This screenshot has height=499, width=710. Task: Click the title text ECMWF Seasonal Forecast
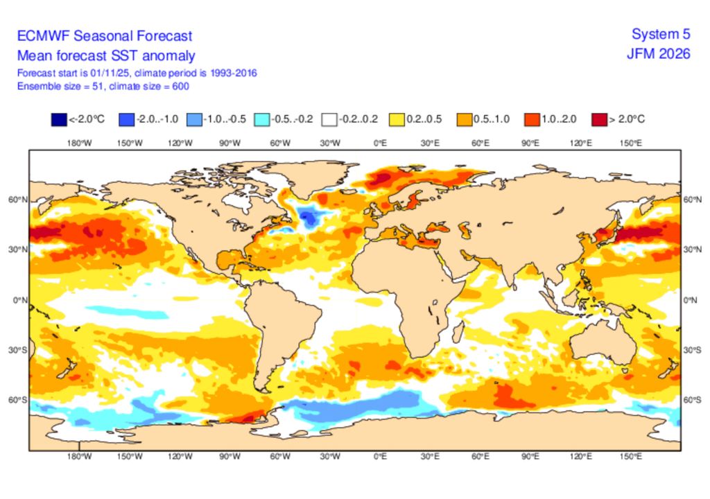105,36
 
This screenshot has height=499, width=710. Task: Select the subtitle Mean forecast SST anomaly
106,56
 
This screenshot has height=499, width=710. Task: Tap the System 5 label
661,35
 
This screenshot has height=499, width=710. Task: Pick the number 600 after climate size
180,86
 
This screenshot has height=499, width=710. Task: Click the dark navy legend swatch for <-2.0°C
59,119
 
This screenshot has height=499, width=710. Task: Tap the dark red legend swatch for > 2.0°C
598,119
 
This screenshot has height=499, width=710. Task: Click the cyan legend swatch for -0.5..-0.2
261,119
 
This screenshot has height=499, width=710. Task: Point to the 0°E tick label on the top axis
380,143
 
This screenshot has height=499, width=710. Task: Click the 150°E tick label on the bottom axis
630,457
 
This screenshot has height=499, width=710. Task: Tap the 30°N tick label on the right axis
692,249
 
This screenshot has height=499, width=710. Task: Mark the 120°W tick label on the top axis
180,143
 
